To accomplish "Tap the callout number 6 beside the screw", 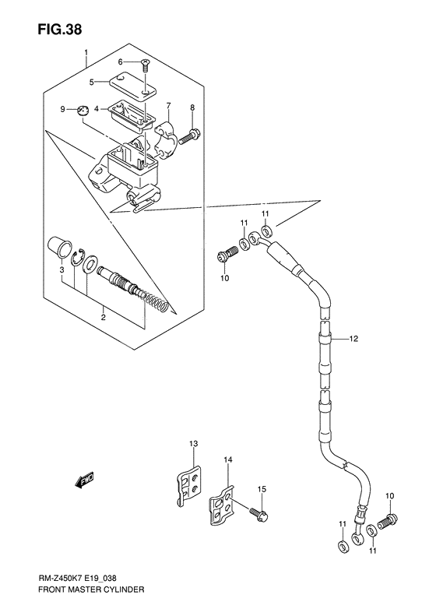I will coord(121,62).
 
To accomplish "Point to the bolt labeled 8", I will coord(189,139).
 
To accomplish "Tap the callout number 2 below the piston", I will coord(104,316).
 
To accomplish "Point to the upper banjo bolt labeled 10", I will coord(227,255).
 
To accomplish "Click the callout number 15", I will coord(262,488).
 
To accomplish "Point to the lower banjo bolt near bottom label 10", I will coord(386,520).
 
